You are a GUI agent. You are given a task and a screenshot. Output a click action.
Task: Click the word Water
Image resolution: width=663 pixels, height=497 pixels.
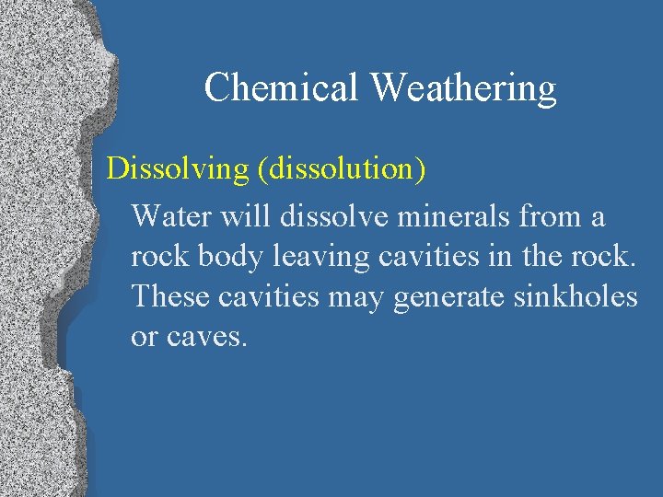tap(169, 216)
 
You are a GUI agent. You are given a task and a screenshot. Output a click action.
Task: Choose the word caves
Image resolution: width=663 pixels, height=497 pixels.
tap(208, 337)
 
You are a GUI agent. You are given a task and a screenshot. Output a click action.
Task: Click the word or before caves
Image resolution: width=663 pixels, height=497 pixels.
tap(145, 337)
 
